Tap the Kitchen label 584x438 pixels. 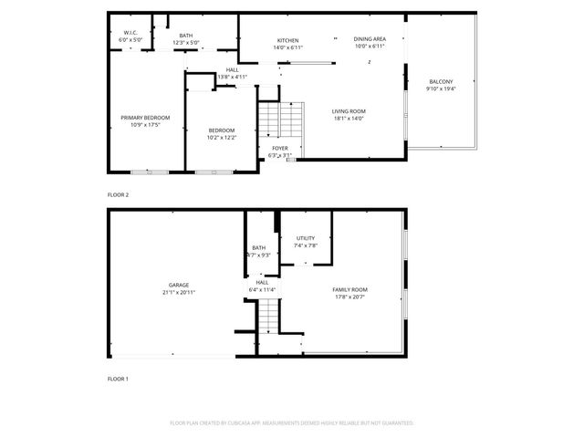288,40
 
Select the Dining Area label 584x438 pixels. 370,39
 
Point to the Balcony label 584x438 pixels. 441,82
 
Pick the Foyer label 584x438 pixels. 280,147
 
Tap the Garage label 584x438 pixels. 178,285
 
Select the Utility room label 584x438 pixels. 305,238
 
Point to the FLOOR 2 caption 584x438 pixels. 119,194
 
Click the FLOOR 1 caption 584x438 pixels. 119,378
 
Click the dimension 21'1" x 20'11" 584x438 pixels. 178,292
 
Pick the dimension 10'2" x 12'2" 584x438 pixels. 222,137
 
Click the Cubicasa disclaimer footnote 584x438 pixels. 292,423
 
